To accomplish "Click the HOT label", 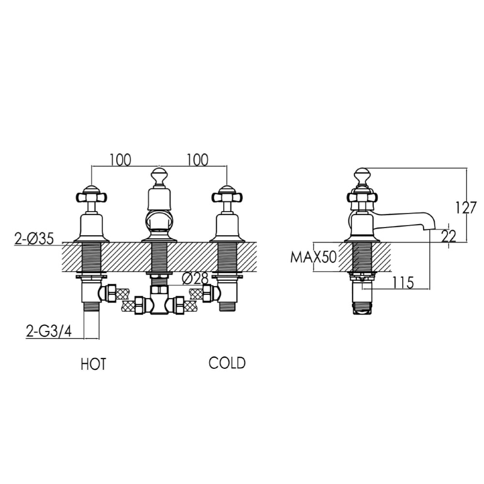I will tap(93, 364).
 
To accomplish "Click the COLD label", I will tap(227, 363).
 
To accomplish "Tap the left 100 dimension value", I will tap(120, 160).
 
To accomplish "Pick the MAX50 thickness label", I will tap(313, 257).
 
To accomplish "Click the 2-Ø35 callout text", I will tap(34, 239).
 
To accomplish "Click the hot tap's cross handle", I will tap(91, 197).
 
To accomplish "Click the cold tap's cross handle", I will tap(227, 197).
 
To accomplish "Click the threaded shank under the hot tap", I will tap(91, 258).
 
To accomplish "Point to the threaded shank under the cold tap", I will tap(227, 258).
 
